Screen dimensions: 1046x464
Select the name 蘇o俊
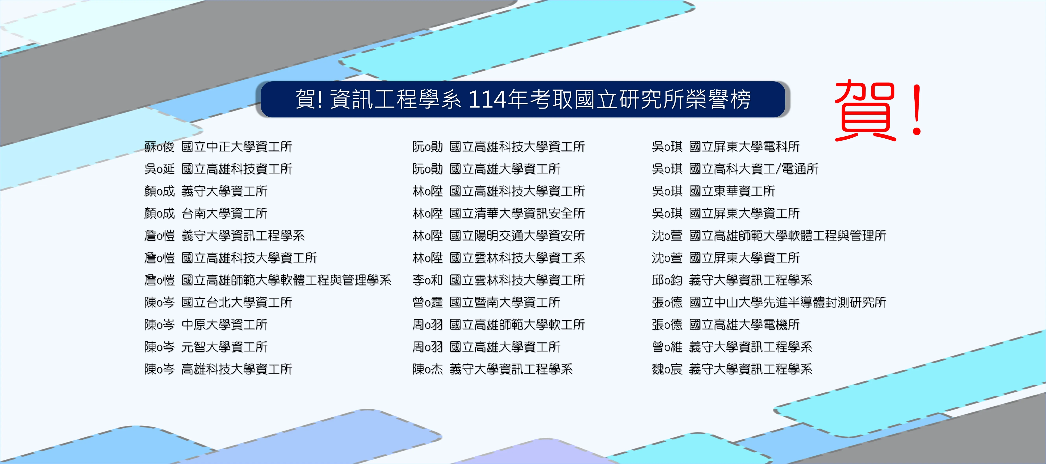(159, 146)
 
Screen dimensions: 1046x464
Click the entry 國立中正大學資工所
(237, 146)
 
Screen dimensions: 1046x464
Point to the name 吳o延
(159, 169)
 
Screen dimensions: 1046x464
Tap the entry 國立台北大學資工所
(237, 302)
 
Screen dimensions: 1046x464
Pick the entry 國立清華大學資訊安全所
(517, 214)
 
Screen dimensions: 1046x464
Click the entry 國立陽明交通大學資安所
(517, 236)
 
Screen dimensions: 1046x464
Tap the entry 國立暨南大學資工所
(505, 302)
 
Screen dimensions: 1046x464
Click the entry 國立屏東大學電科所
(744, 146)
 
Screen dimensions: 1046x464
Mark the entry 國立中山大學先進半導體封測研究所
(788, 302)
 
